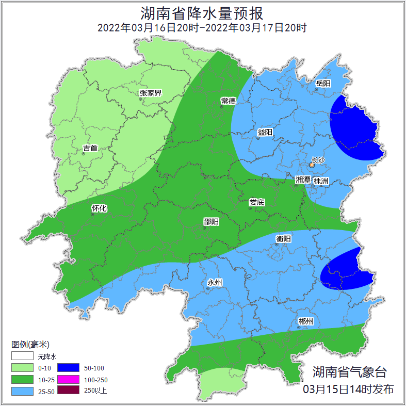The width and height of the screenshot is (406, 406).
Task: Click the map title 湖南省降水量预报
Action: (202, 12)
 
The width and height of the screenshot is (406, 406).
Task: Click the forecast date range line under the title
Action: (202, 27)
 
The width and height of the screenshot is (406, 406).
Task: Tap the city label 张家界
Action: (151, 93)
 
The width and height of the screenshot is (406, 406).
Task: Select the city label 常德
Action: (228, 100)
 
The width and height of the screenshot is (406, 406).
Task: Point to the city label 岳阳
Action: (323, 83)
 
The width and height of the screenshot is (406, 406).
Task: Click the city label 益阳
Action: (265, 132)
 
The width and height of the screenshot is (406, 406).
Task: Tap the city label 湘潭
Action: (302, 180)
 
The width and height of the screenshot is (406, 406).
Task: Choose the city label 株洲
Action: (321, 181)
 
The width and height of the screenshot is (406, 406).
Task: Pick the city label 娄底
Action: (256, 202)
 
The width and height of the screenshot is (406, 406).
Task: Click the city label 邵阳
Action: (211, 221)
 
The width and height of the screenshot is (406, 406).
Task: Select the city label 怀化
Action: (99, 208)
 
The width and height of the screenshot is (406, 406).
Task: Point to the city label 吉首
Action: (90, 148)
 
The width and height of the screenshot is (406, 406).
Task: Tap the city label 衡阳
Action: (284, 238)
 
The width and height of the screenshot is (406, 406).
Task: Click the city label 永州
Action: (215, 282)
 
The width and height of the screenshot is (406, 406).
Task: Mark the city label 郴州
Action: (305, 321)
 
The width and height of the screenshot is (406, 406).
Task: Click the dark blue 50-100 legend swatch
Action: (68, 368)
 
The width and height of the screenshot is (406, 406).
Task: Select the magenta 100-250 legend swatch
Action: (68, 379)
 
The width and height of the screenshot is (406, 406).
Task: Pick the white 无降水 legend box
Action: (22, 356)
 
